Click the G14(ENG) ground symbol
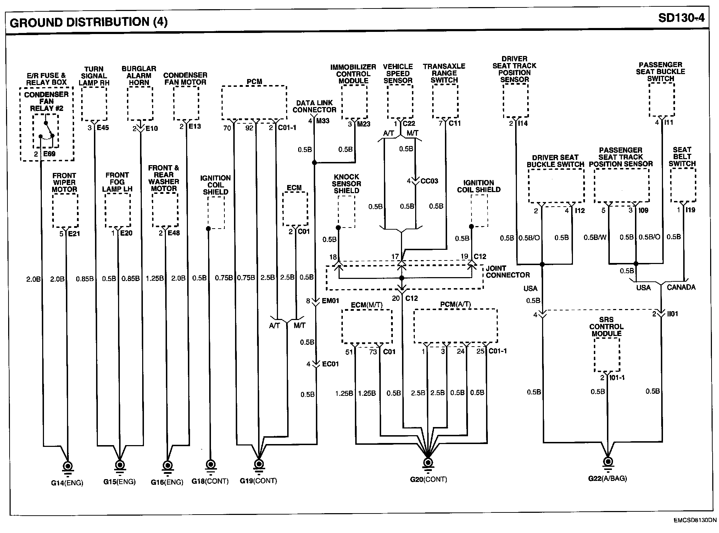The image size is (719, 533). [67, 466]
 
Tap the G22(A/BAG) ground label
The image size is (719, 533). [607, 478]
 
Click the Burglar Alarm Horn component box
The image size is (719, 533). [140, 103]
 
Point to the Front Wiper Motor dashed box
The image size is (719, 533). [65, 211]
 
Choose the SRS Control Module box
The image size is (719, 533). [607, 355]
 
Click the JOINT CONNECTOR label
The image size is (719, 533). [507, 271]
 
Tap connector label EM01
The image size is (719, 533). [330, 301]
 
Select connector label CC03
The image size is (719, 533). [429, 181]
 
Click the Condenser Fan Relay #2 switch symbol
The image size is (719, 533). [46, 131]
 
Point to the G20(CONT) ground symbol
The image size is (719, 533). [428, 463]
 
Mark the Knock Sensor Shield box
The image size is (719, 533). [346, 212]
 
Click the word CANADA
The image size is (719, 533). [681, 287]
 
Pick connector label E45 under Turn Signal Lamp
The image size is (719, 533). [103, 128]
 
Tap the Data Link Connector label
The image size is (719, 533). [314, 106]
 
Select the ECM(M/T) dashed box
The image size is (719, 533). [367, 326]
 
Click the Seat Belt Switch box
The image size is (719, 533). [683, 185]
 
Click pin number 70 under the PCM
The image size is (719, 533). [227, 128]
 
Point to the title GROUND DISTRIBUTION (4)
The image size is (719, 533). [89, 22]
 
